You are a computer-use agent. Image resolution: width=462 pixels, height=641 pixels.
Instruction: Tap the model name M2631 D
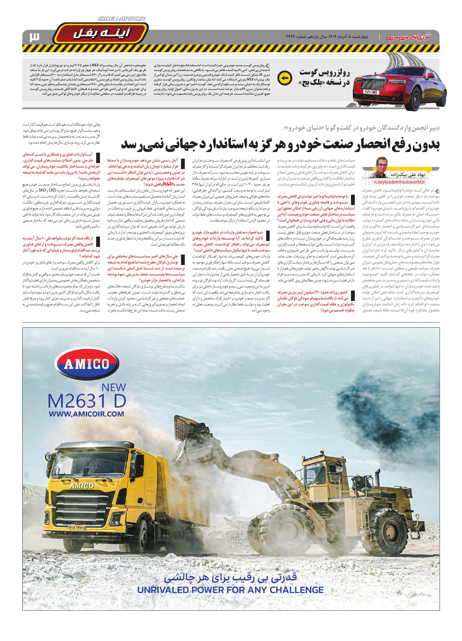click(87, 401)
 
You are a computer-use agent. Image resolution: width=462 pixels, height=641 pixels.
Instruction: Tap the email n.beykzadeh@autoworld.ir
click(400, 182)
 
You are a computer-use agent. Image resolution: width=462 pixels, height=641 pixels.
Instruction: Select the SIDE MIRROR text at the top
click(122, 19)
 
